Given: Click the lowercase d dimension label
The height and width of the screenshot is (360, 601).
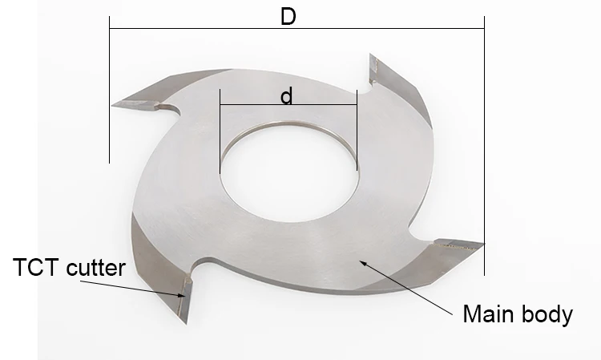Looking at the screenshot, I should (x=287, y=96).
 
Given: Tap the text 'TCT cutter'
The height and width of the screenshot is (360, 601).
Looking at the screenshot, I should (x=70, y=267).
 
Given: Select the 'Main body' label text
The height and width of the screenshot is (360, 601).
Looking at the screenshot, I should (x=518, y=313).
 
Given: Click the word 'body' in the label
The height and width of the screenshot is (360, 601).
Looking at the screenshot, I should (x=548, y=313).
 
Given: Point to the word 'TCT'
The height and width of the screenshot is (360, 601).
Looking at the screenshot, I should (x=31, y=267).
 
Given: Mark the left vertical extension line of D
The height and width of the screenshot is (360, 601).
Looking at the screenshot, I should (x=109, y=96).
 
